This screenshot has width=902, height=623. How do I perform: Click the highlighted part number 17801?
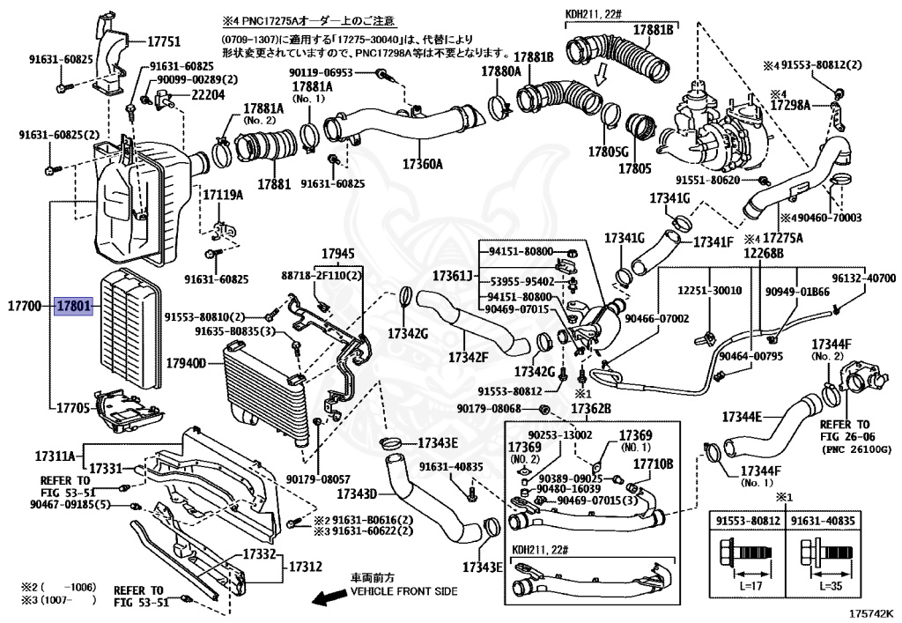[74, 306]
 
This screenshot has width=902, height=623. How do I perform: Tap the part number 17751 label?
[163, 41]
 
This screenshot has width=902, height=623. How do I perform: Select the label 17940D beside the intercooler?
[186, 363]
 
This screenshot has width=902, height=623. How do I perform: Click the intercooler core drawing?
[264, 394]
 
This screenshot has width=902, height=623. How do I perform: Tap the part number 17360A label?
[422, 165]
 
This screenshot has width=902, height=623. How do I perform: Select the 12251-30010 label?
[709, 291]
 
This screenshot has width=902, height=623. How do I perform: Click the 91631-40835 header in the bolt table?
[824, 521]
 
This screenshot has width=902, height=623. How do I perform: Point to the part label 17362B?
[591, 408]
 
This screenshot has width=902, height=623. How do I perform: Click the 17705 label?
[73, 408]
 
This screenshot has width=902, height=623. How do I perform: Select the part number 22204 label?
[208, 94]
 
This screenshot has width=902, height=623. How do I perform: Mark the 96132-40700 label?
[863, 278]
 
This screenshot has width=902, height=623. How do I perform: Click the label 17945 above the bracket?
[337, 254]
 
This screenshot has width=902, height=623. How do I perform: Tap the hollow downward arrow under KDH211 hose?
[601, 73]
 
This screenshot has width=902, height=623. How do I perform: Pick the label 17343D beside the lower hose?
[357, 493]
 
